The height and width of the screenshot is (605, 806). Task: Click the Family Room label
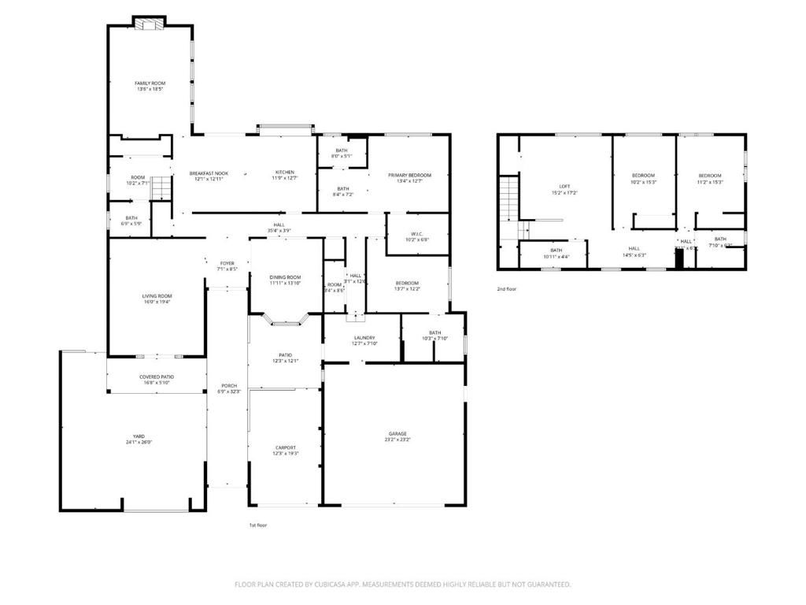[x=150, y=83]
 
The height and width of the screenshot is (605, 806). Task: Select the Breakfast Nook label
[x=209, y=173]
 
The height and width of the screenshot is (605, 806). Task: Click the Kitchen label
[x=284, y=173]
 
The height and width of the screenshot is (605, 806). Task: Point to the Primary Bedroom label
[x=409, y=175]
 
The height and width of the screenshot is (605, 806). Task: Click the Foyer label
[x=227, y=263]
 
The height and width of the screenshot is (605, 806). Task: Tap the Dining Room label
[x=285, y=277]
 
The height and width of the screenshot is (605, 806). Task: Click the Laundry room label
[x=364, y=338]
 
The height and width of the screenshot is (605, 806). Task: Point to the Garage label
[x=397, y=433]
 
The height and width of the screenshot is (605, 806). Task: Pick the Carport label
[x=285, y=447]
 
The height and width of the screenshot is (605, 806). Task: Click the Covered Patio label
[x=157, y=377]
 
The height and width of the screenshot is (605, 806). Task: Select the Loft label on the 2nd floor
[x=564, y=187]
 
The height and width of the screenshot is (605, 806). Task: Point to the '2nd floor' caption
[x=507, y=289]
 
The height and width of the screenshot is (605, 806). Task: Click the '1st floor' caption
[x=258, y=525]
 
